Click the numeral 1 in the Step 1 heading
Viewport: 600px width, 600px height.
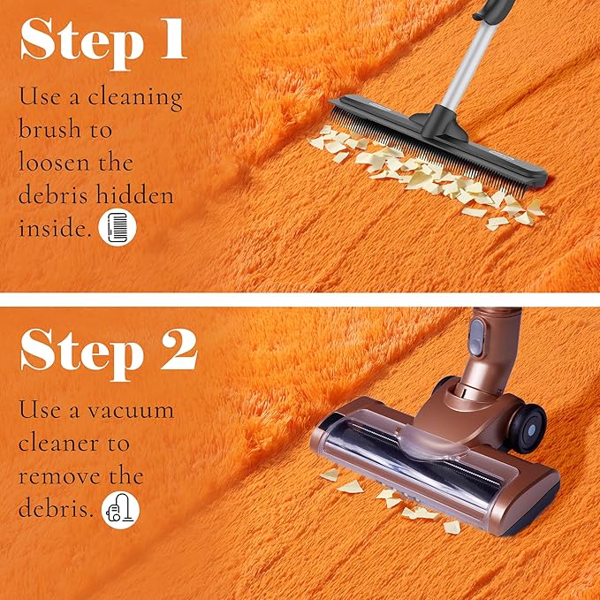(x=174, y=39)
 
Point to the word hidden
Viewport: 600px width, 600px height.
(x=135, y=194)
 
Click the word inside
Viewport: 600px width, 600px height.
(x=55, y=228)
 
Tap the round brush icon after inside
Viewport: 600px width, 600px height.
(x=118, y=227)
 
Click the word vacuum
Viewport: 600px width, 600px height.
(x=131, y=411)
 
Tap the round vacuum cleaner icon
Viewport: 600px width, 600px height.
(x=120, y=510)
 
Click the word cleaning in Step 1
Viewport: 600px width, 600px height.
(x=135, y=97)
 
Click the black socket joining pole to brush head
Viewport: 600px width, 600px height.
(x=444, y=123)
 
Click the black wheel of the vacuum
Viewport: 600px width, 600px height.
(x=528, y=429)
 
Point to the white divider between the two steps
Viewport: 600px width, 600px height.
(x=300, y=300)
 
